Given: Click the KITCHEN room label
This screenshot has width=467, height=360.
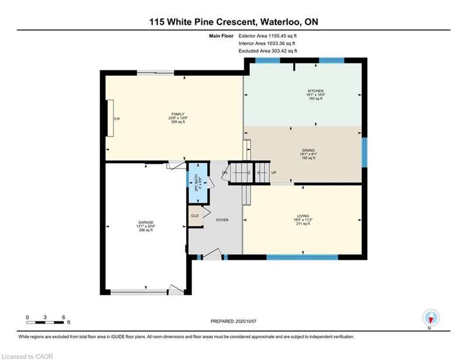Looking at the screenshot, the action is pyautogui.click(x=316, y=91).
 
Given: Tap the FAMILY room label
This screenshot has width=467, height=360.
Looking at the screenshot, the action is pyautogui.click(x=178, y=114).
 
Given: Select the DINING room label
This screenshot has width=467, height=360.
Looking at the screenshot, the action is pyautogui.click(x=308, y=151).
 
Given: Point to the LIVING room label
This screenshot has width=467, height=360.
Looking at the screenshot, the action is pyautogui.click(x=303, y=216).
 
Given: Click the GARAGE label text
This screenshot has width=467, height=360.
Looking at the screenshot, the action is pyautogui.click(x=146, y=222).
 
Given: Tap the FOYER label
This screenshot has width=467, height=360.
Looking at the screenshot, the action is pyautogui.click(x=222, y=220).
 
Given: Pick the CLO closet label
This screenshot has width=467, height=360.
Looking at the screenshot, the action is pyautogui.click(x=195, y=216).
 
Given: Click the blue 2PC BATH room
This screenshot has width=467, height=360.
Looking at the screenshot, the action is pyautogui.click(x=197, y=183).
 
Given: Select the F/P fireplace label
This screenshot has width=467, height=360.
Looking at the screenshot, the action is pyautogui.click(x=117, y=119).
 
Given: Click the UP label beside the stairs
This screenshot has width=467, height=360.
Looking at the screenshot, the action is pyautogui.click(x=274, y=173).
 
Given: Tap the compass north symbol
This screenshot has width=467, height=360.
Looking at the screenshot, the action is pyautogui.click(x=431, y=317).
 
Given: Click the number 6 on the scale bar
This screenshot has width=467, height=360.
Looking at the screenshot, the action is pyautogui.click(x=64, y=317).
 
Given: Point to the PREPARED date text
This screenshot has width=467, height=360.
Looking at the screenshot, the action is pyautogui.click(x=233, y=321).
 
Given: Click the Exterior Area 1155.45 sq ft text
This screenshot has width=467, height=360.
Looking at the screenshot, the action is pyautogui.click(x=267, y=36).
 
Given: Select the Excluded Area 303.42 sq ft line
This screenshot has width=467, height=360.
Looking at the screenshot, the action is pyautogui.click(x=268, y=51).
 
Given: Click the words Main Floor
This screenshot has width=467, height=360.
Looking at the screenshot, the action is pyautogui.click(x=221, y=36).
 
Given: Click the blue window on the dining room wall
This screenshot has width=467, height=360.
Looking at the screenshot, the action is pyautogui.click(x=364, y=152).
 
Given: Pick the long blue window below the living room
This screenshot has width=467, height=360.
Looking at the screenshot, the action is pyautogui.click(x=302, y=257).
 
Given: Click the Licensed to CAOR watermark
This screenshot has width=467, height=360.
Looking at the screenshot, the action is pyautogui.click(x=27, y=356).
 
